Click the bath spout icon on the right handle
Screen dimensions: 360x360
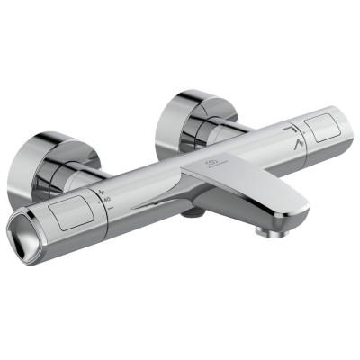coord(290,130)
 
